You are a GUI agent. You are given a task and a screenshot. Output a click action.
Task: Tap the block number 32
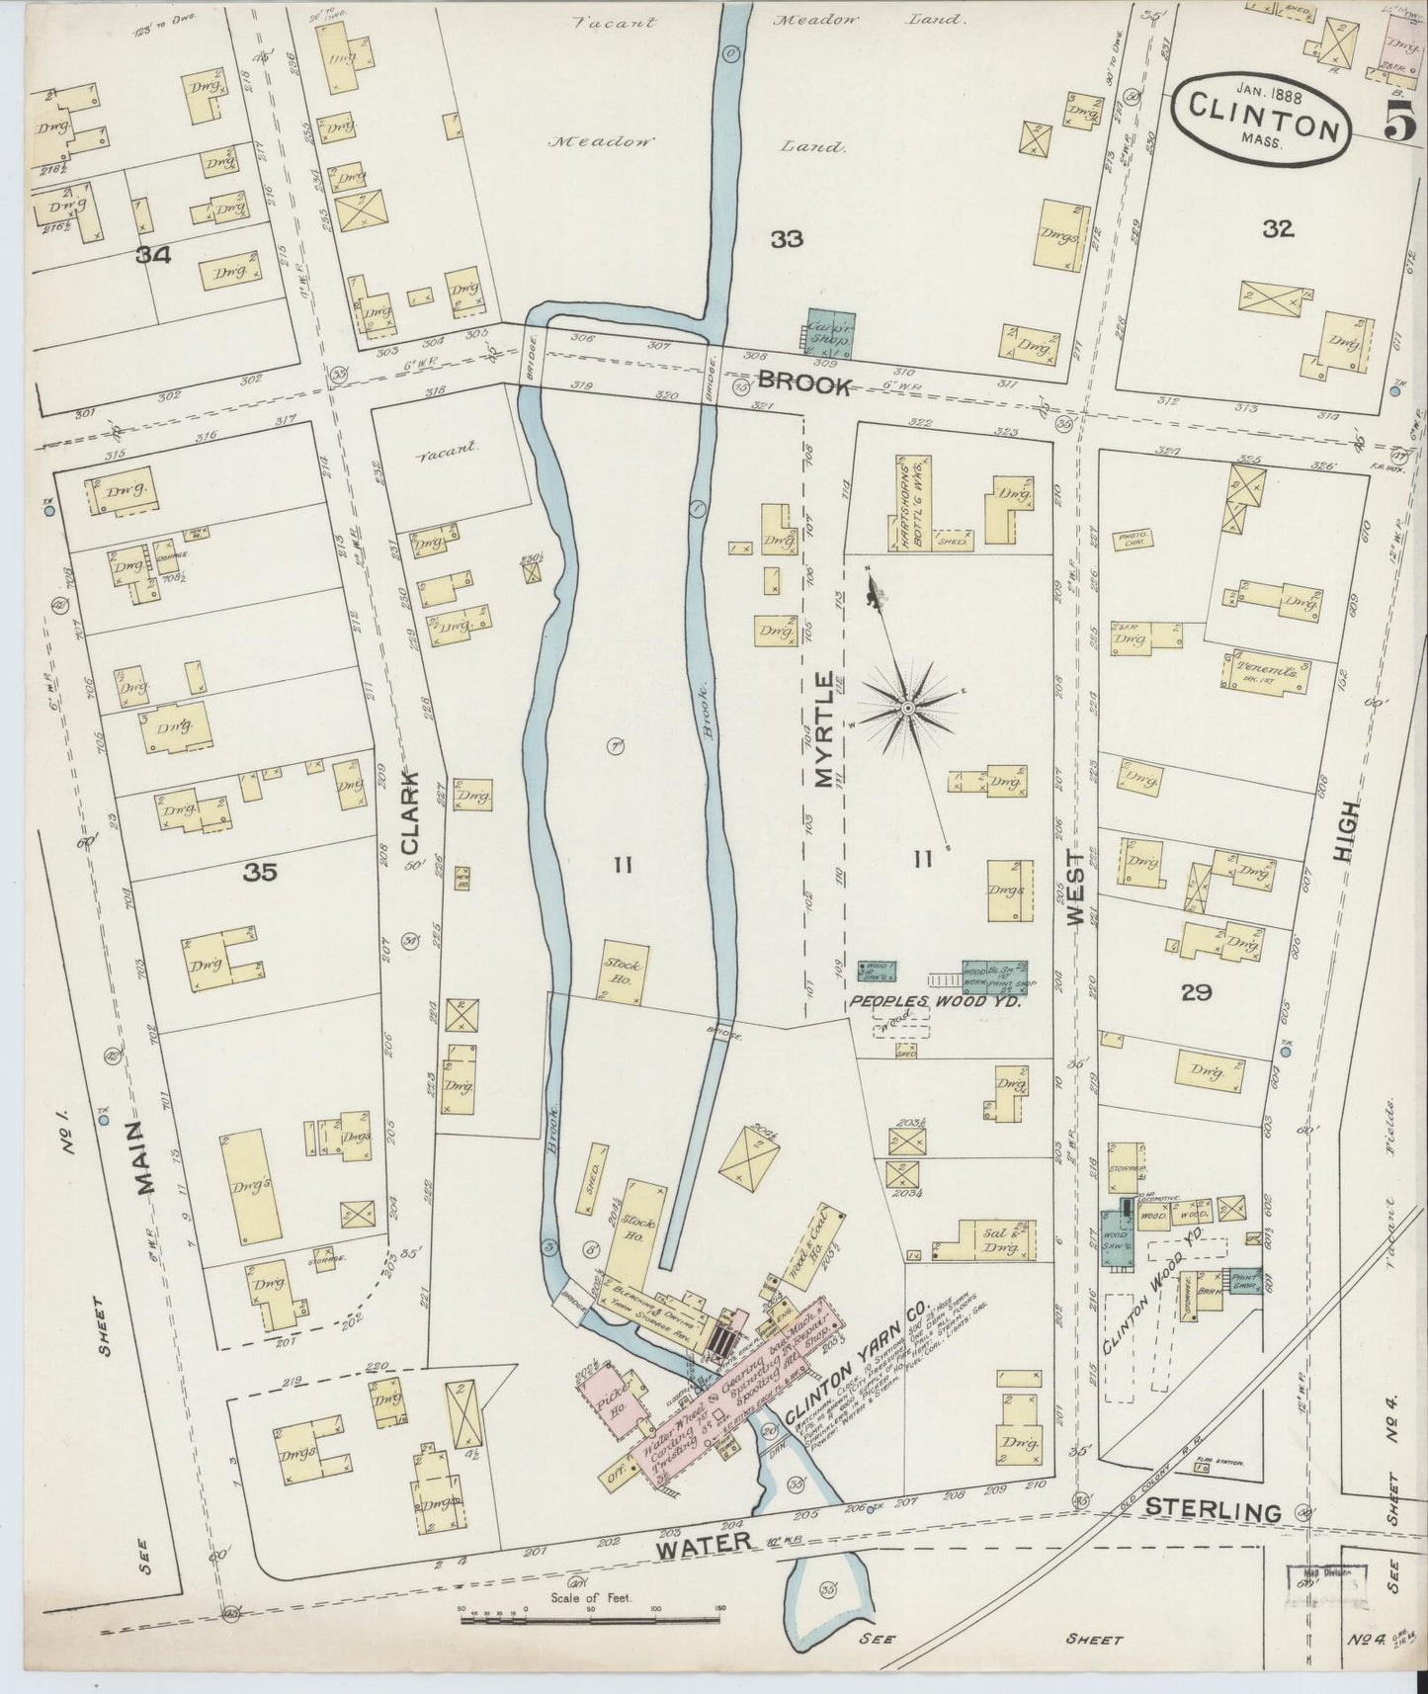pos(1277,229)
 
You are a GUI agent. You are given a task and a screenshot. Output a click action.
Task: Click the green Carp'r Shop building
pos(830,335)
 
